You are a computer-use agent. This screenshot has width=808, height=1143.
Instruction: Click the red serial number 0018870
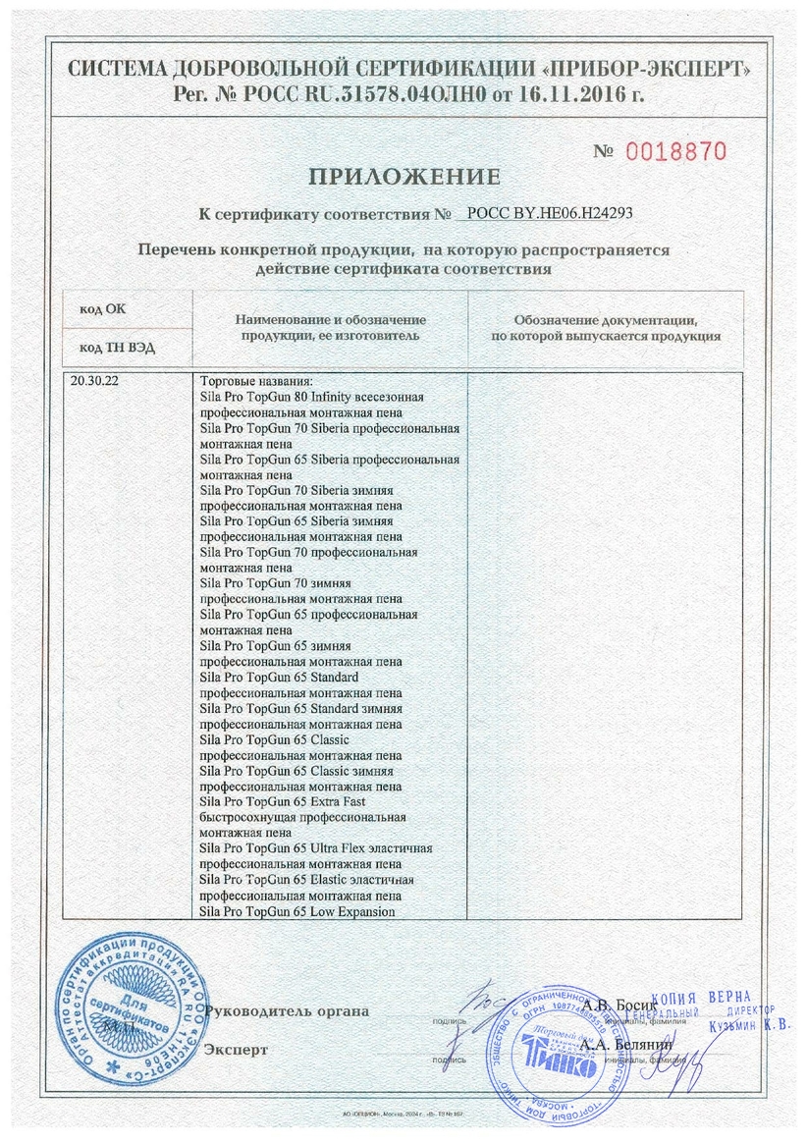(675, 152)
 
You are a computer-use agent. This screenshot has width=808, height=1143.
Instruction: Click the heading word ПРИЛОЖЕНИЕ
(404, 178)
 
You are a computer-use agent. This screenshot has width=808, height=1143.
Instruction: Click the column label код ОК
(103, 308)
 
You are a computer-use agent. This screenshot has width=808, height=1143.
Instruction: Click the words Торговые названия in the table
(256, 381)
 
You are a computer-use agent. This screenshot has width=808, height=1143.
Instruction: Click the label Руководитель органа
(286, 1010)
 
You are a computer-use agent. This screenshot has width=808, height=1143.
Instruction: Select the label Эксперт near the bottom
(236, 1050)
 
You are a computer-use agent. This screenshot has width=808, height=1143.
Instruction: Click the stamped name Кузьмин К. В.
(748, 1025)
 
